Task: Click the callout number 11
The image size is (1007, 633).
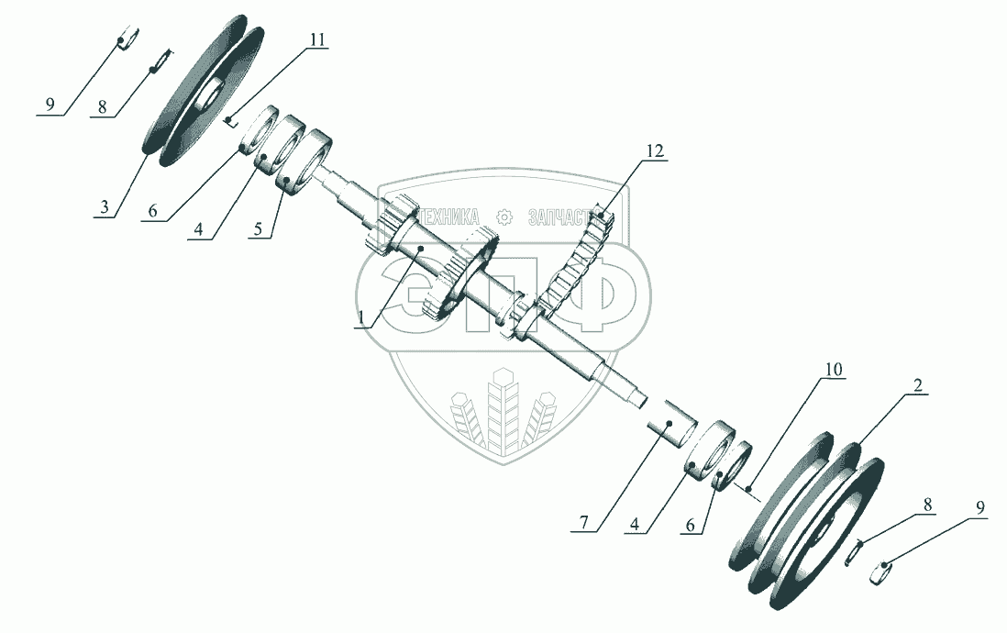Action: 317,40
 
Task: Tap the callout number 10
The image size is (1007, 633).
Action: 833,369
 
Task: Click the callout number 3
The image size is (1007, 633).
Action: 105,207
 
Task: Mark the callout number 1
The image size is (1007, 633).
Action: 361,317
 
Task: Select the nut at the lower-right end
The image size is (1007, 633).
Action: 882,573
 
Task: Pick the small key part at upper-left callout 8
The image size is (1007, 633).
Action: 160,61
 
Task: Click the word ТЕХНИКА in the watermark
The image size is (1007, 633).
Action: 448,217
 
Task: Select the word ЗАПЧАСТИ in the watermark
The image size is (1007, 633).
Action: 567,217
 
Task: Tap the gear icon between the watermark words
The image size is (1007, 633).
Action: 503,217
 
